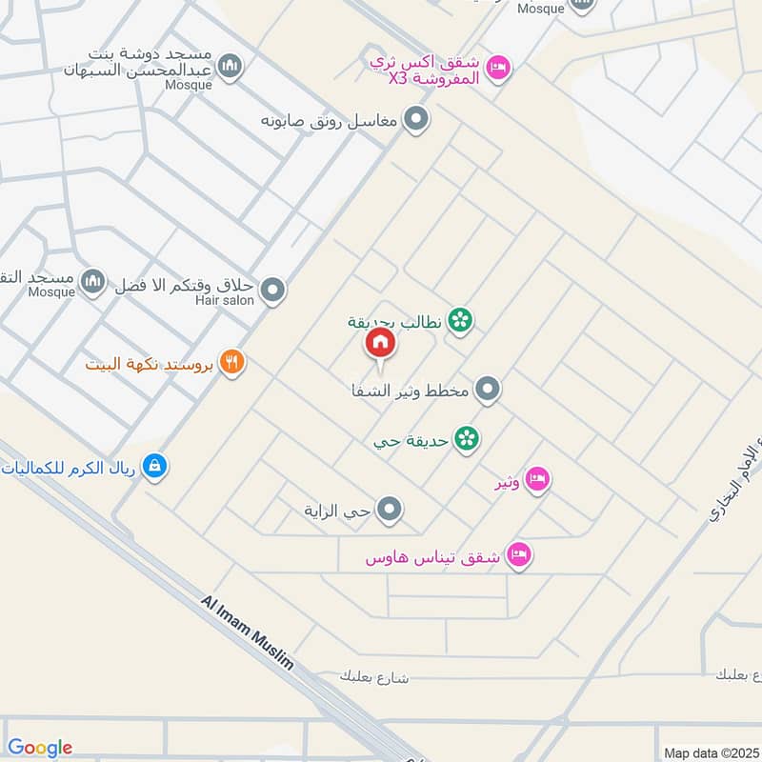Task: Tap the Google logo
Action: [x=40, y=748]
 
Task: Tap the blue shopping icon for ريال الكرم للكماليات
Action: [x=153, y=467]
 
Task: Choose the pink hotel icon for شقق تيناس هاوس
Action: [x=518, y=554]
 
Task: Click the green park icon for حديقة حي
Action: [x=466, y=438]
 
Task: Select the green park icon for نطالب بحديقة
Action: [x=460, y=322]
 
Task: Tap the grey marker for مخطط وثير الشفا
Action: [x=487, y=390]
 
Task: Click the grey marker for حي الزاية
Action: [x=389, y=511]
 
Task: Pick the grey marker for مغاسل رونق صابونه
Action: [x=415, y=120]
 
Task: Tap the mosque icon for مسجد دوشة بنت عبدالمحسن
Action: [x=229, y=67]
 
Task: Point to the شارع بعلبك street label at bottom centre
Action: [x=373, y=676]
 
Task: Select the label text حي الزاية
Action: [x=337, y=511]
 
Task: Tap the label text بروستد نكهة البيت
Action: [x=148, y=364]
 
